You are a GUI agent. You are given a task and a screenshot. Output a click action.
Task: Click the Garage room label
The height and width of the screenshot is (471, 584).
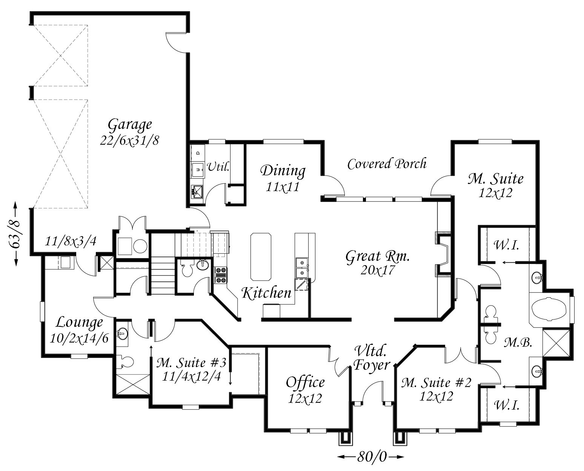pyautogui.click(x=130, y=125)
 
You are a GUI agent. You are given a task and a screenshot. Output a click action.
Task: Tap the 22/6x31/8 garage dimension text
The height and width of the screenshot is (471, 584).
pyautogui.click(x=130, y=141)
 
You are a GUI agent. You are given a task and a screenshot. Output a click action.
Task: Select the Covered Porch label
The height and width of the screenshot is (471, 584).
pyautogui.click(x=387, y=164)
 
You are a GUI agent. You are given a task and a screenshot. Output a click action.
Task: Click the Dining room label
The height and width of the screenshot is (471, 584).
pyautogui.click(x=283, y=171)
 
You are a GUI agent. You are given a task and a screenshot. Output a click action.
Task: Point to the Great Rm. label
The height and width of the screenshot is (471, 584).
pyautogui.click(x=378, y=257)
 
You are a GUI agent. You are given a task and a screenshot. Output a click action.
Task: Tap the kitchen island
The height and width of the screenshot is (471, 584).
pyautogui.click(x=261, y=257)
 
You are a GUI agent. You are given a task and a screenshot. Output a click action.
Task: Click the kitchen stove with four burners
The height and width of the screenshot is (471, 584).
pyautogui.click(x=221, y=275)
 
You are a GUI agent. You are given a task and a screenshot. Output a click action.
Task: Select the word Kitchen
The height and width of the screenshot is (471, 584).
pyautogui.click(x=266, y=293)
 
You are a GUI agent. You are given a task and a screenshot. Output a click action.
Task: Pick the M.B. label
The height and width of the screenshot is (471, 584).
pyautogui.click(x=518, y=343)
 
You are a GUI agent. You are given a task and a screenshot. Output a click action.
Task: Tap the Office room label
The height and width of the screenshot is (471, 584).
pyautogui.click(x=305, y=382)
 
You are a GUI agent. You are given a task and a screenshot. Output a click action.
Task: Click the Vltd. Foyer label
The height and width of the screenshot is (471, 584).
pyautogui.click(x=372, y=358)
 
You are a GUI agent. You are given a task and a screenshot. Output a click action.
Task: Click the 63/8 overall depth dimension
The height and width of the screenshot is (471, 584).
pyautogui.click(x=15, y=234)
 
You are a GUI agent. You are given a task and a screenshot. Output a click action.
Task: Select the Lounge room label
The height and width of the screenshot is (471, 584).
pyautogui.click(x=79, y=323)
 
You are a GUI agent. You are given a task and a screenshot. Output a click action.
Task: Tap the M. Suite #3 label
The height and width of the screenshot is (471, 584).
pyautogui.click(x=191, y=363)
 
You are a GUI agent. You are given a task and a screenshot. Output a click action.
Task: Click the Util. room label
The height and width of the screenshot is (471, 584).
pyautogui.click(x=218, y=167)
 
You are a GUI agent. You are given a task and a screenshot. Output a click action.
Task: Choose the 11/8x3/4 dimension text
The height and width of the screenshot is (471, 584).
pyautogui.click(x=71, y=242)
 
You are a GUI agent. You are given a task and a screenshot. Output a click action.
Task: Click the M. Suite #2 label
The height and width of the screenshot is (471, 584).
pyautogui.click(x=436, y=382)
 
